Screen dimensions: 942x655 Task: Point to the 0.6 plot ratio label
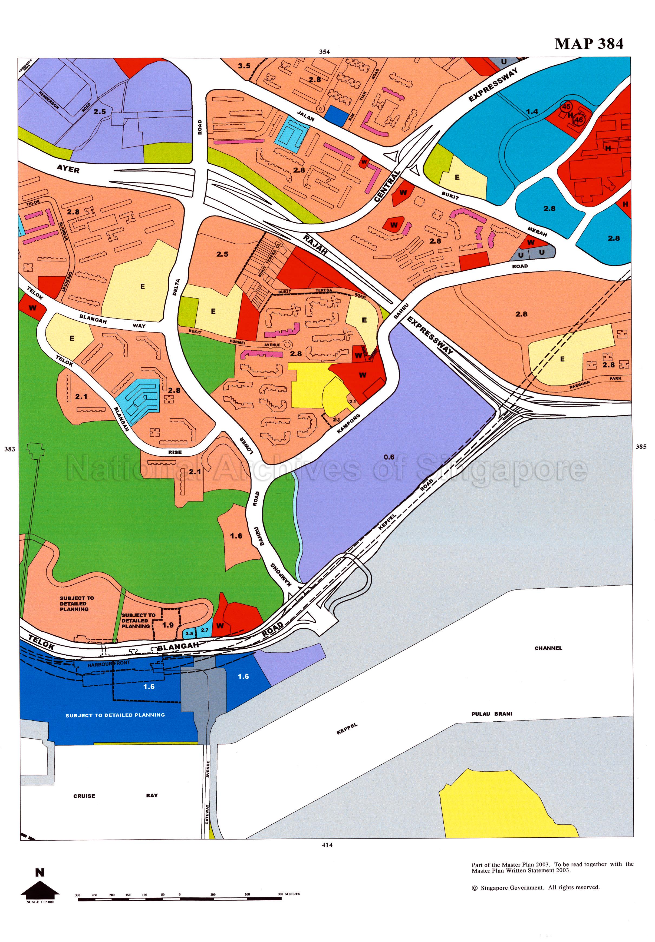pyautogui.click(x=389, y=457)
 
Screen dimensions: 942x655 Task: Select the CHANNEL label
pyautogui.click(x=548, y=648)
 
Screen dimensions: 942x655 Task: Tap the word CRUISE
pyautogui.click(x=84, y=796)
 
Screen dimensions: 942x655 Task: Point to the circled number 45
pyautogui.click(x=566, y=106)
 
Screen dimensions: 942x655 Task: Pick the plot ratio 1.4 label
pyautogui.click(x=532, y=111)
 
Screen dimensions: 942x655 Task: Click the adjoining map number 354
pyautogui.click(x=324, y=52)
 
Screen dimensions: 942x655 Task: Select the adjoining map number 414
pyautogui.click(x=327, y=845)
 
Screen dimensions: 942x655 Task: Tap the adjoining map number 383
pyautogui.click(x=9, y=449)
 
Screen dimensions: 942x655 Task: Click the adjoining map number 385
pyautogui.click(x=641, y=447)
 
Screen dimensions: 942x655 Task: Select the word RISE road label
pyautogui.click(x=175, y=452)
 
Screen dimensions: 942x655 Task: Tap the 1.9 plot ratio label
pyautogui.click(x=168, y=625)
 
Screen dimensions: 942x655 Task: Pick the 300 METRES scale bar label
pyautogui.click(x=289, y=894)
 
